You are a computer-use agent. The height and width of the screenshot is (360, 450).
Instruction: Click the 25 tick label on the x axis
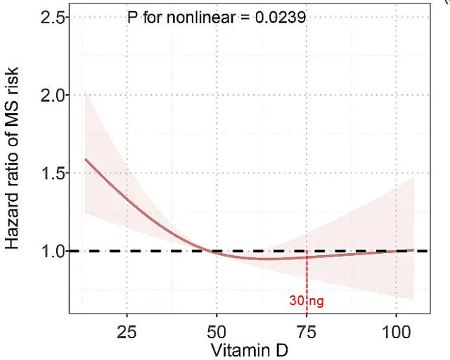click(127, 330)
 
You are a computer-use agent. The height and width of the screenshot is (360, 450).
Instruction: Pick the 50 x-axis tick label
click(217, 330)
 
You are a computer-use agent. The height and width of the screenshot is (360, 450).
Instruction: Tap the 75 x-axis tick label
click(307, 330)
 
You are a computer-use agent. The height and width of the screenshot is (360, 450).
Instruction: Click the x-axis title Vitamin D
click(248, 349)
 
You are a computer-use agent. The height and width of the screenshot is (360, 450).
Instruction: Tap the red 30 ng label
click(307, 301)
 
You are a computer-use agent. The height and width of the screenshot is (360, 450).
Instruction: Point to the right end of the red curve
click(414, 249)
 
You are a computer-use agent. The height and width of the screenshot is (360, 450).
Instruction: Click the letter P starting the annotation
click(131, 18)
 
